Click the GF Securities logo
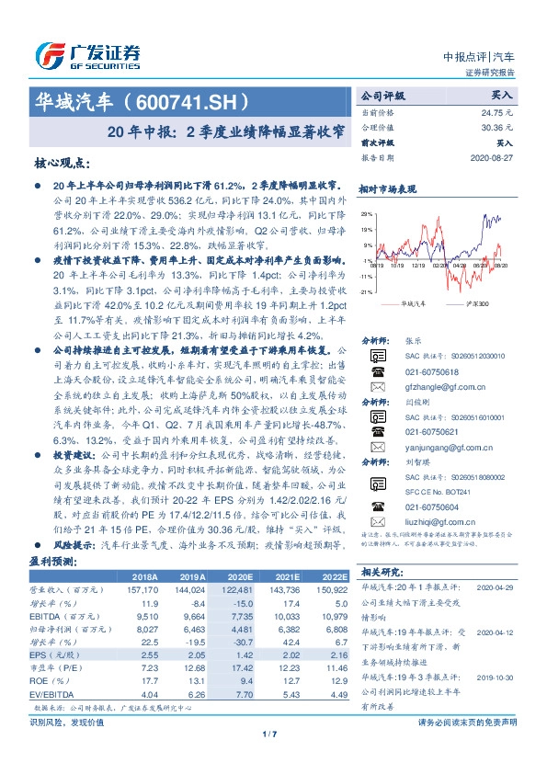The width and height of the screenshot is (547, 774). click(x=87, y=54)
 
